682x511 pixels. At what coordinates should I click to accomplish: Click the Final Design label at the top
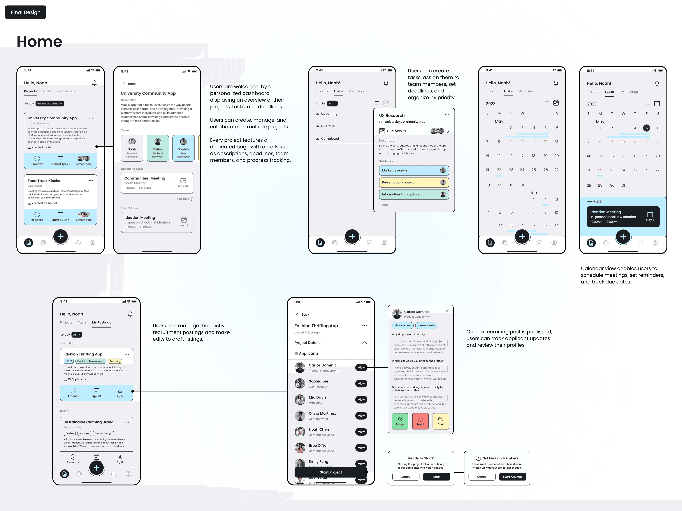click(x=26, y=12)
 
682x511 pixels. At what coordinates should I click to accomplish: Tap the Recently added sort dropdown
click(x=50, y=104)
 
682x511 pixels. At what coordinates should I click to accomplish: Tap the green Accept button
click(x=400, y=421)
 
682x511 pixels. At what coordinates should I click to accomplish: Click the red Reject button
click(x=420, y=421)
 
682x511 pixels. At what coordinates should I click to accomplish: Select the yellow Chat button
click(x=441, y=421)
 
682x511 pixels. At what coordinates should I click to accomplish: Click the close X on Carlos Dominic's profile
click(x=447, y=311)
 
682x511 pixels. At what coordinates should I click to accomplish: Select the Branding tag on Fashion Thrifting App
click(x=115, y=361)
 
